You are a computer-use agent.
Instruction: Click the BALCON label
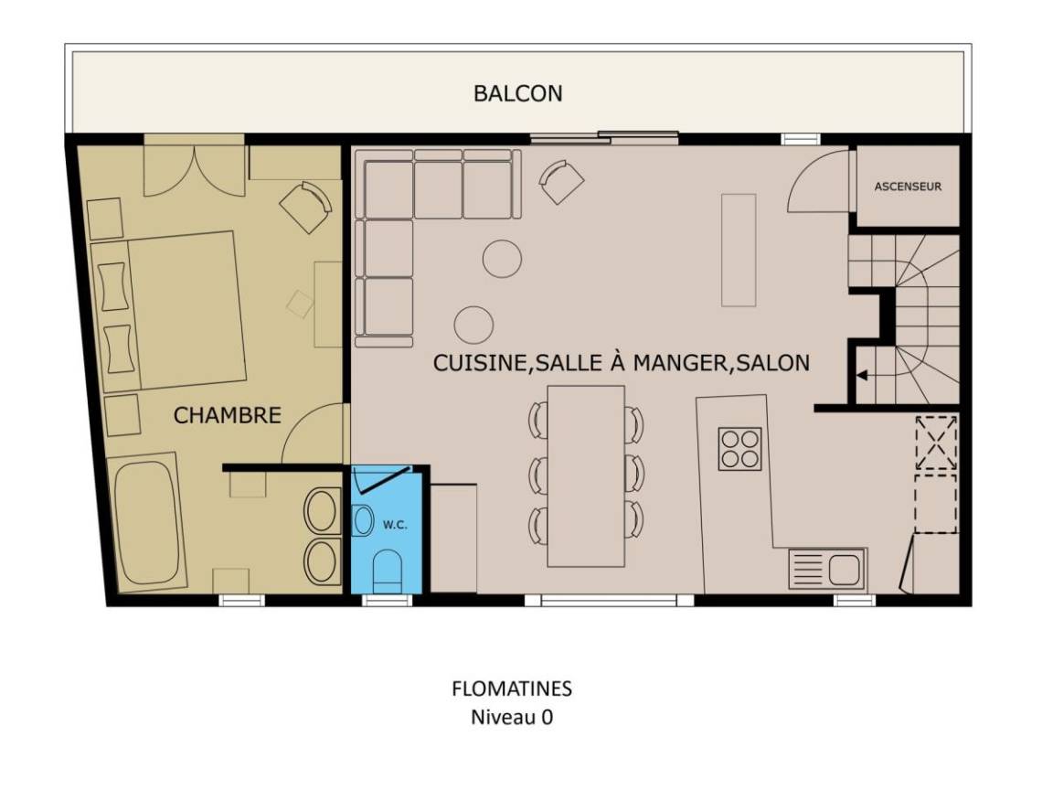click(517, 93)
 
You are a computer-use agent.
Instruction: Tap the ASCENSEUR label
click(908, 187)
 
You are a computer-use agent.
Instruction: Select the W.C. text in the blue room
click(395, 525)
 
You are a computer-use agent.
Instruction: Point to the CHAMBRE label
click(227, 415)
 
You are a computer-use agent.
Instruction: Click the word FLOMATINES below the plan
click(512, 689)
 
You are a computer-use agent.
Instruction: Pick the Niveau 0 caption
click(512, 717)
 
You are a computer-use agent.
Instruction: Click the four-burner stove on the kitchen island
click(740, 449)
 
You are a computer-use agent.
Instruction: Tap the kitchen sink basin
click(844, 570)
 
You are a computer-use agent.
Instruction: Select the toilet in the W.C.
click(387, 571)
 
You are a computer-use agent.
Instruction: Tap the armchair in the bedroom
click(305, 207)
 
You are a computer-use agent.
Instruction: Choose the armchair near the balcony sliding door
click(561, 181)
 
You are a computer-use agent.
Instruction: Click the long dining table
click(586, 475)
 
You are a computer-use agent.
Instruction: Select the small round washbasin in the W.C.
click(363, 521)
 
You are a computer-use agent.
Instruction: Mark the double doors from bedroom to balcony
click(195, 170)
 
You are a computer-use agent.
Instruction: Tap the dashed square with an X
click(936, 442)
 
